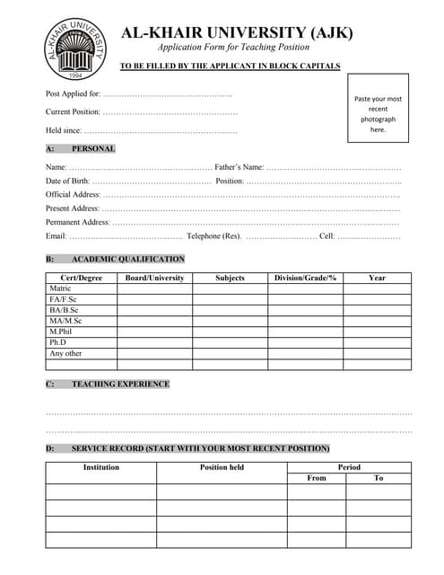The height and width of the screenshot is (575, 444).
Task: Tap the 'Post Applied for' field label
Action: click(73, 93)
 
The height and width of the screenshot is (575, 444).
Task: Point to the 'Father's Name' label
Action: click(239, 167)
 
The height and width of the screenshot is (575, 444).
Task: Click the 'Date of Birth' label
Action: click(67, 181)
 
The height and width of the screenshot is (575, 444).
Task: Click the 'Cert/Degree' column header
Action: click(81, 278)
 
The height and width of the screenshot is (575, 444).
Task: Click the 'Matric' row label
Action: click(59, 288)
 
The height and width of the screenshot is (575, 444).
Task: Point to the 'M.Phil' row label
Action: click(61, 332)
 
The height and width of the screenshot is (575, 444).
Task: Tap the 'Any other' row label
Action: click(65, 353)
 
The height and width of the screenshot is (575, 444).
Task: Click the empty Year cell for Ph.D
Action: click(377, 342)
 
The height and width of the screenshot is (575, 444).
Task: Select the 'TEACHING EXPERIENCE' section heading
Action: click(120, 384)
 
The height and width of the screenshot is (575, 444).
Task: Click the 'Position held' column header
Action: click(222, 467)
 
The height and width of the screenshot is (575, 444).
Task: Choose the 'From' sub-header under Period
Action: click(317, 478)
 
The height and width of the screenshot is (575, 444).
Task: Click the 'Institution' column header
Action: click(101, 467)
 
